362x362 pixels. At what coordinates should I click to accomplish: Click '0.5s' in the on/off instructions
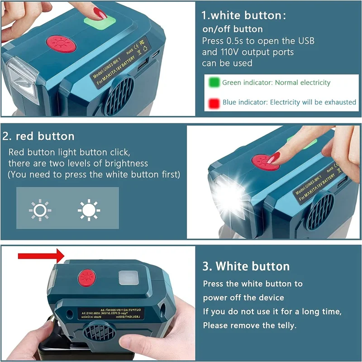(233, 41)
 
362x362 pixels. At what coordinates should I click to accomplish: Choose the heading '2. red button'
(38, 136)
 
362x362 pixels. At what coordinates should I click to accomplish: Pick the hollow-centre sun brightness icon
(40, 209)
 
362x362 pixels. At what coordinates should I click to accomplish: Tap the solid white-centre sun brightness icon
(89, 209)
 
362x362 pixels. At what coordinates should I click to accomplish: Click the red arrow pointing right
(40, 256)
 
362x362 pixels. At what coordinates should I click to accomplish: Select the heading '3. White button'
(246, 266)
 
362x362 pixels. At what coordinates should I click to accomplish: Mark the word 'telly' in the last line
(285, 325)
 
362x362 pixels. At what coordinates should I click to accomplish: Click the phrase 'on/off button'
(232, 29)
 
